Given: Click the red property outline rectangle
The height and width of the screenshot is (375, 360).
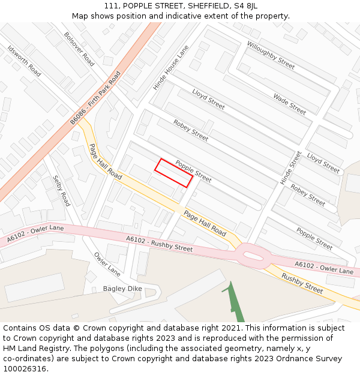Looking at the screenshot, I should point(174,173).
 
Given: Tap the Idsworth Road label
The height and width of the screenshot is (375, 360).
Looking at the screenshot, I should point(24,61).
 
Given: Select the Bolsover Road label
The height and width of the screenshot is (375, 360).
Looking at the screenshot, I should point(79,49).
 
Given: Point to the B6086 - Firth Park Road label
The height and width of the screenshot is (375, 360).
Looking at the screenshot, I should point(95,98).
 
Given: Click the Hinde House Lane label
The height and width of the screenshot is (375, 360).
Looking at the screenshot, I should point(170,67).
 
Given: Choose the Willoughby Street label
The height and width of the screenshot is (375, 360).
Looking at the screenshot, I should point(271,55).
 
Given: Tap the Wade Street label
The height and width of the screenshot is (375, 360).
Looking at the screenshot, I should point(289,104).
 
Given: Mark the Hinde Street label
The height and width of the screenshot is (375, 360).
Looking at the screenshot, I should point(291,167).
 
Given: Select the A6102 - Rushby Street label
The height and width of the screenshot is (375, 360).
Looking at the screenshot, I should point(159,244).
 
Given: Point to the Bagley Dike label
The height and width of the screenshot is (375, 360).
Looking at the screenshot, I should point(122,289).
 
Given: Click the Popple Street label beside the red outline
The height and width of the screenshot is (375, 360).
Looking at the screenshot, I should point(193,171).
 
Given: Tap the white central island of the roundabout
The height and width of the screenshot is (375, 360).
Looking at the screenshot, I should point(255,258).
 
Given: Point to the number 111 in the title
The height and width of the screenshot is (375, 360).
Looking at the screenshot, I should point(110,6).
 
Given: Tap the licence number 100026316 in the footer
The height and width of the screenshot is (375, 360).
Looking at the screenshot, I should point(25,369).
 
